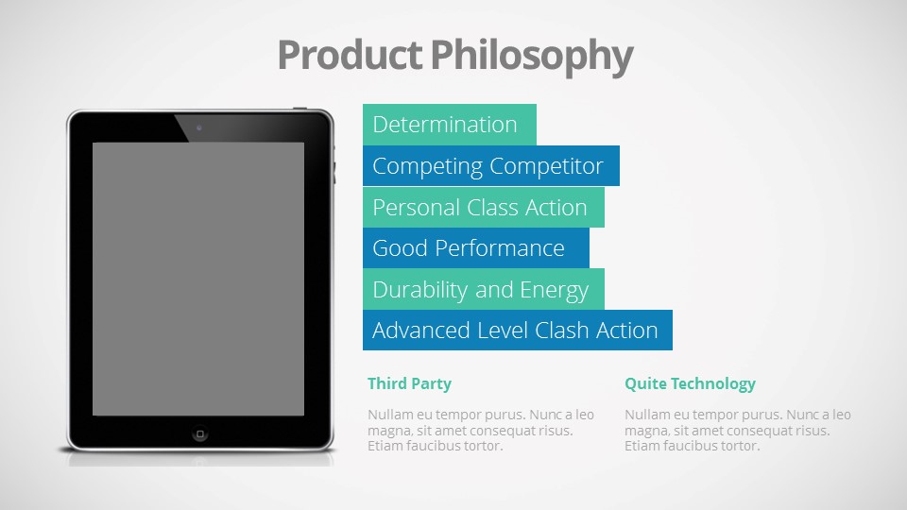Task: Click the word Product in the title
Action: click(x=350, y=55)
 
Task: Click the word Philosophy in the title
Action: click(x=532, y=57)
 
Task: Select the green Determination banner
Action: click(x=450, y=125)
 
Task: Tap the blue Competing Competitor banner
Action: click(x=491, y=166)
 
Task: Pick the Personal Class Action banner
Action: click(x=484, y=207)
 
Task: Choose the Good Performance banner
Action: click(x=476, y=248)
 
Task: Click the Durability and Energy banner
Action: click(x=484, y=289)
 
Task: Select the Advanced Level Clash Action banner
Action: click(x=518, y=331)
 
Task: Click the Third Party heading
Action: click(x=409, y=384)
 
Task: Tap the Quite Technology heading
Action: click(x=690, y=384)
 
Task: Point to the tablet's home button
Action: click(x=200, y=433)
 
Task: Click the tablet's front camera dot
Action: click(x=199, y=127)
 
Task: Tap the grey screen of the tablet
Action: click(x=198, y=279)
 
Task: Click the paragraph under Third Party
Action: click(x=481, y=431)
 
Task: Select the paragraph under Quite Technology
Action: click(x=738, y=431)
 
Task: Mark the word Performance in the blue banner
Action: click(x=500, y=248)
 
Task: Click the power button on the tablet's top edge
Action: click(x=300, y=108)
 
